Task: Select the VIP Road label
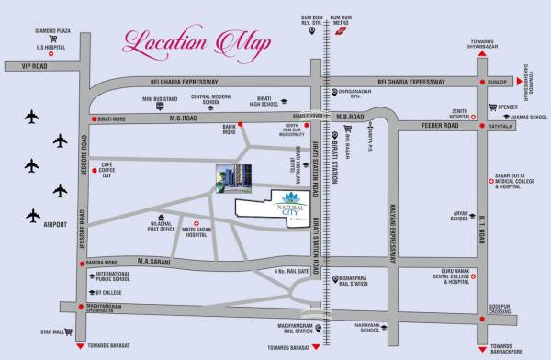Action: pyautogui.click(x=21, y=66)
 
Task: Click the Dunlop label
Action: pyautogui.click(x=497, y=81)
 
